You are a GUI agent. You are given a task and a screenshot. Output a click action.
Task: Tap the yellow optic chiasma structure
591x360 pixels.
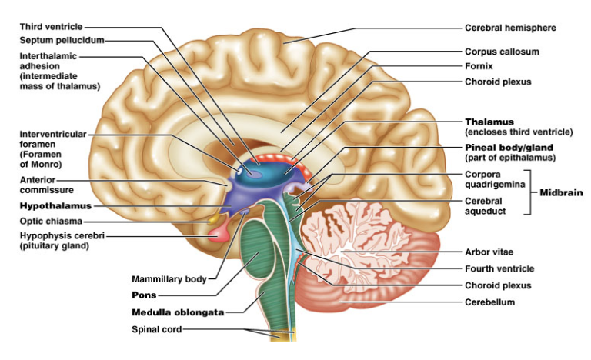[x=213, y=218]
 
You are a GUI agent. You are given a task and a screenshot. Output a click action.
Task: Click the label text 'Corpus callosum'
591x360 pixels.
[x=502, y=52]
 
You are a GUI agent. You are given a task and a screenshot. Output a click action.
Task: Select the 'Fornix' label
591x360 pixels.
[x=479, y=66]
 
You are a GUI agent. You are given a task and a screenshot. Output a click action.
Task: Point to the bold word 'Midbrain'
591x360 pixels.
[x=561, y=192]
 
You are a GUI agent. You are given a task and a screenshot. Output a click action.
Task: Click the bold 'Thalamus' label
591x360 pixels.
[x=489, y=122]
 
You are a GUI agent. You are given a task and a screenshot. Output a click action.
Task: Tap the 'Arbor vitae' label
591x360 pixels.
[x=489, y=252]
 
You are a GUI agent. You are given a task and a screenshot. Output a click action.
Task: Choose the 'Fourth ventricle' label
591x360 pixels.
[x=499, y=268]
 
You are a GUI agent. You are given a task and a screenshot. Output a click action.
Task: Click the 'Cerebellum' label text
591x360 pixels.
[x=489, y=302]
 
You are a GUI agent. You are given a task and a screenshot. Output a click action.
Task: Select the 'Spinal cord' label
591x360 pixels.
[x=156, y=329]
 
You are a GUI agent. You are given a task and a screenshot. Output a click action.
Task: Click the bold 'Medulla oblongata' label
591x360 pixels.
[x=178, y=312]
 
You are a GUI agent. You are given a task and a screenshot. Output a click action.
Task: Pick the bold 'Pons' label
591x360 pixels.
[x=144, y=295]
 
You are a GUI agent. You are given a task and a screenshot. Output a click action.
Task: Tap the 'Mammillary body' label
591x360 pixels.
[x=169, y=279]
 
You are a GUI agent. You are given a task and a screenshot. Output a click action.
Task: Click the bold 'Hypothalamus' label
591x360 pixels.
[x=55, y=206]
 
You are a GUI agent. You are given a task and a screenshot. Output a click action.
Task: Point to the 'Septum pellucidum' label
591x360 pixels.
[x=62, y=40]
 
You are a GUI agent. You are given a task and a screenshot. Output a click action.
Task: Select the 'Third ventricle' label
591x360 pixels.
[x=51, y=27]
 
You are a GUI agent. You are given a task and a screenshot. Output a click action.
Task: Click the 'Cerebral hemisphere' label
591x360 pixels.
[x=510, y=28]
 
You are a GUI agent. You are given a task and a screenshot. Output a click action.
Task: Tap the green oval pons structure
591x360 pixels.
[x=258, y=249]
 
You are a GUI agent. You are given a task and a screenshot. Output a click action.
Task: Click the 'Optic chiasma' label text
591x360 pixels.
[x=51, y=222]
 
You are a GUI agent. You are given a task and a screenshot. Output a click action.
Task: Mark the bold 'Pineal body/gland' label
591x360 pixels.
[x=509, y=148]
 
